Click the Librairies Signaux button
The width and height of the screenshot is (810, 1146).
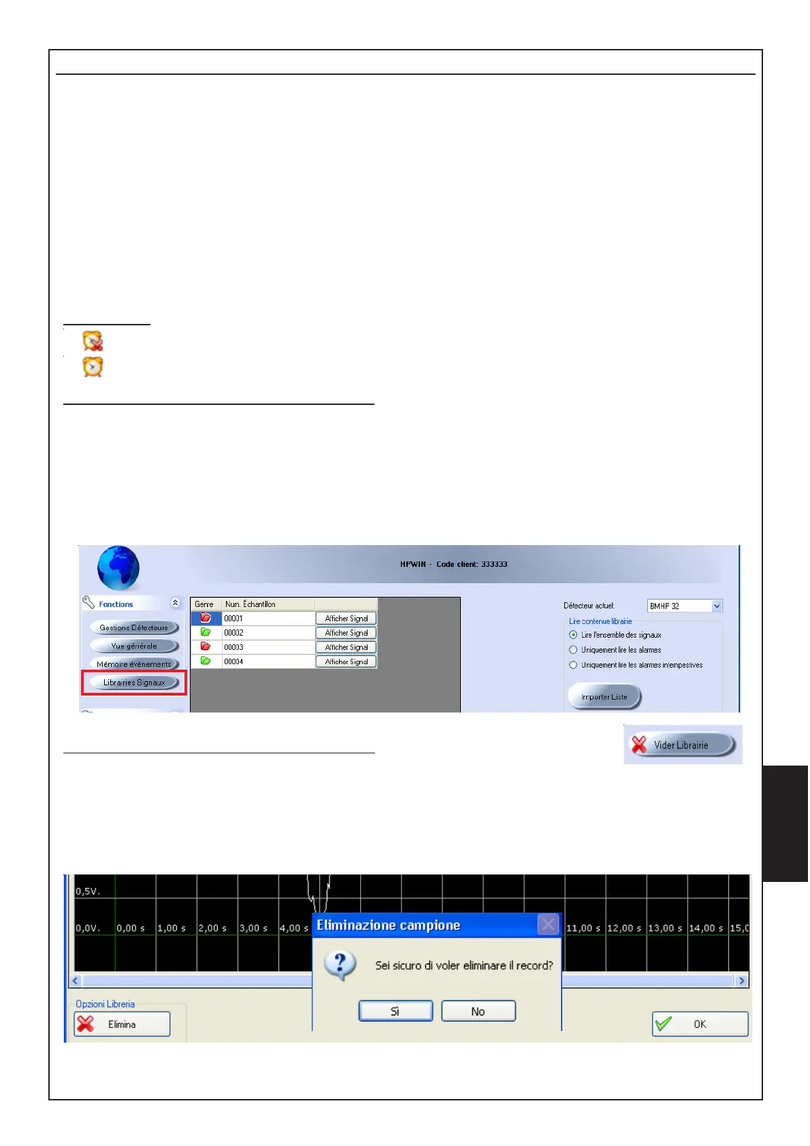click(134, 683)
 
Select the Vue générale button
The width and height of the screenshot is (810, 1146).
click(134, 646)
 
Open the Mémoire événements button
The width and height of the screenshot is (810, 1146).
click(134, 664)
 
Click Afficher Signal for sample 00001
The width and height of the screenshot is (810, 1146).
click(346, 619)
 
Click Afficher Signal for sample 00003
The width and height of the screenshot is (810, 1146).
click(346, 647)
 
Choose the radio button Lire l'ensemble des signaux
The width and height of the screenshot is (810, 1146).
click(573, 635)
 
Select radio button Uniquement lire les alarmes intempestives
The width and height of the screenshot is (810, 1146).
click(573, 665)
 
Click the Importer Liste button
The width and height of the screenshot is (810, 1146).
click(604, 697)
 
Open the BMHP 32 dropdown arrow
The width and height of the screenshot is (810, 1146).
click(716, 606)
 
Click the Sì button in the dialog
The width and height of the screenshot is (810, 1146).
click(395, 1011)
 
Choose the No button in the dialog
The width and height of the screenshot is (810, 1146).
click(478, 1011)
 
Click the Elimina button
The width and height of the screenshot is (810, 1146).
click(122, 1024)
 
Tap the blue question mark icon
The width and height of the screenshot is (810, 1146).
click(340, 964)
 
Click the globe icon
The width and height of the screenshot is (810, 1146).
click(118, 568)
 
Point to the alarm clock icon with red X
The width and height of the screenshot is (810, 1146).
click(93, 340)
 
